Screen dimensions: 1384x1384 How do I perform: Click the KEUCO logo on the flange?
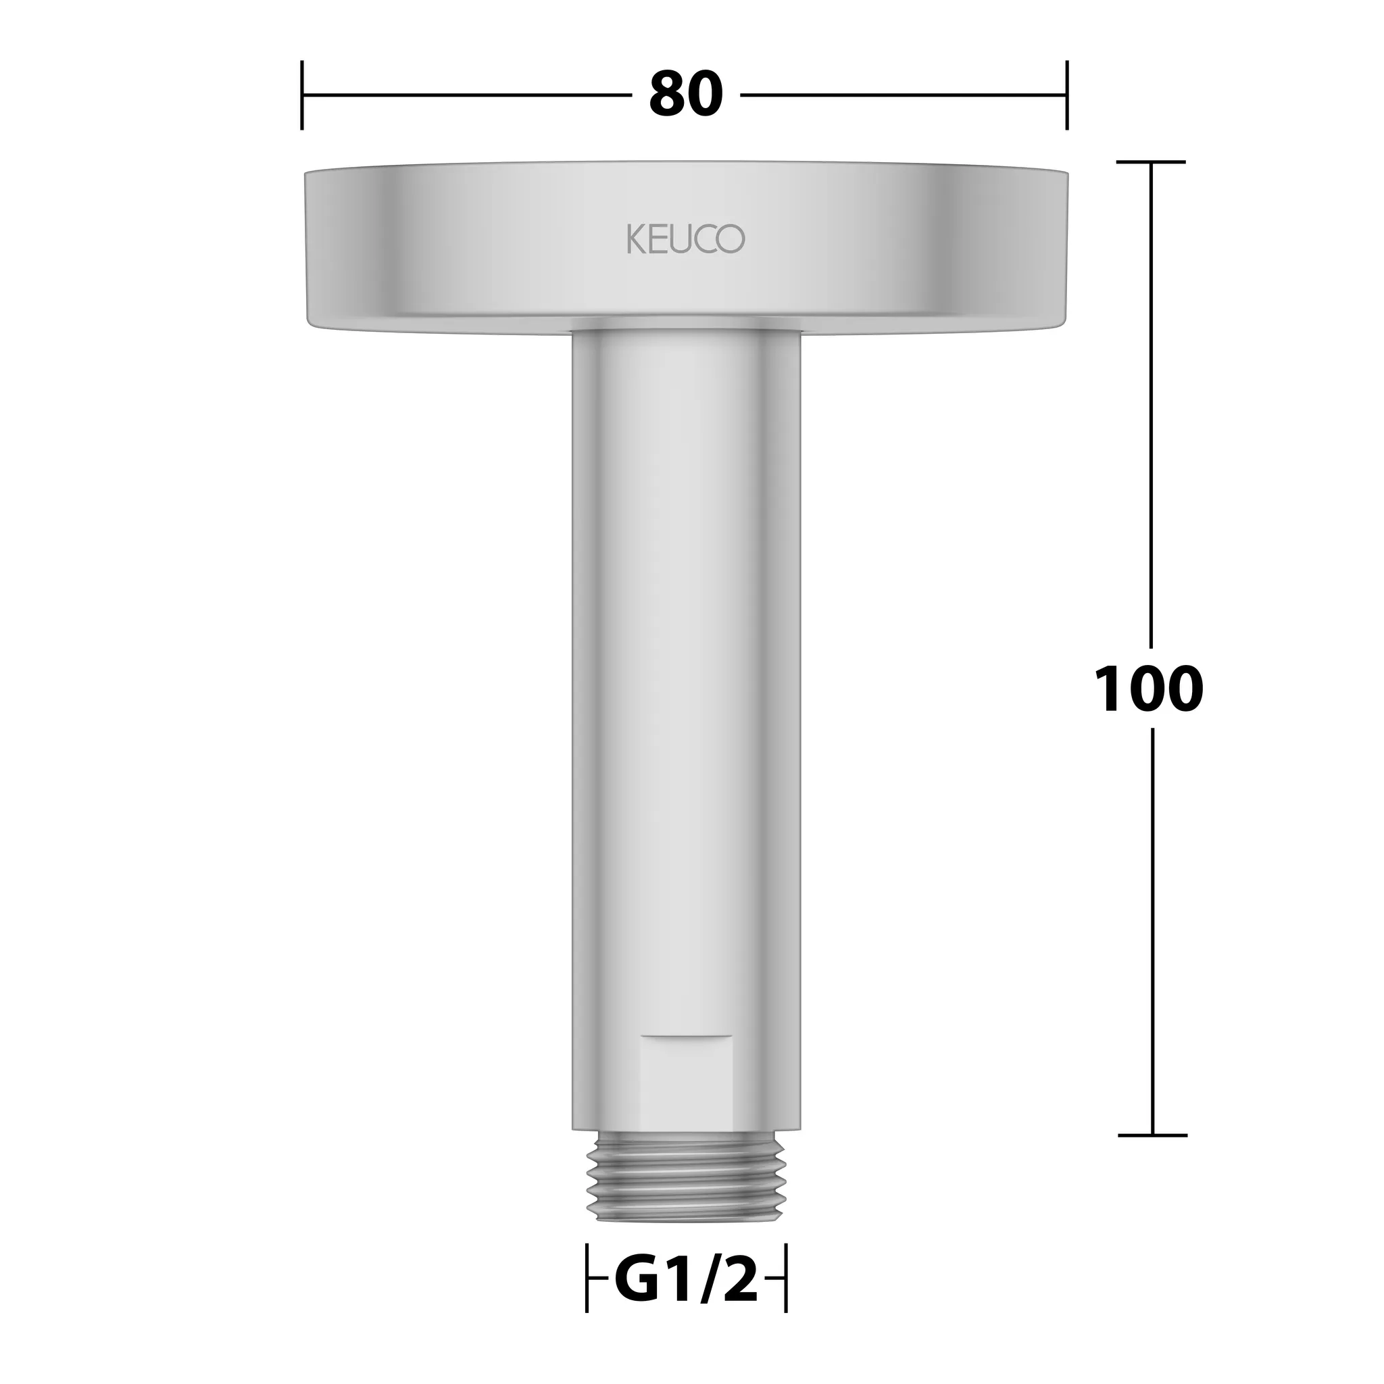[685, 239]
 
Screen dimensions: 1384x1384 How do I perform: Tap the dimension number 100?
[1149, 689]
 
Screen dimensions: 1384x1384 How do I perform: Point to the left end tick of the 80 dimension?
[301, 95]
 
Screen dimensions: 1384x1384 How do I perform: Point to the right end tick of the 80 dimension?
[1066, 95]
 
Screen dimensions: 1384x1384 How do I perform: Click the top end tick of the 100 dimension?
[1151, 162]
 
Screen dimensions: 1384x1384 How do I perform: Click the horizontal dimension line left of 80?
[466, 95]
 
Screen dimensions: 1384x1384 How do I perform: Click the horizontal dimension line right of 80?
[903, 95]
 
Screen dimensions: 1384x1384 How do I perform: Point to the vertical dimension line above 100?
[1151, 401]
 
